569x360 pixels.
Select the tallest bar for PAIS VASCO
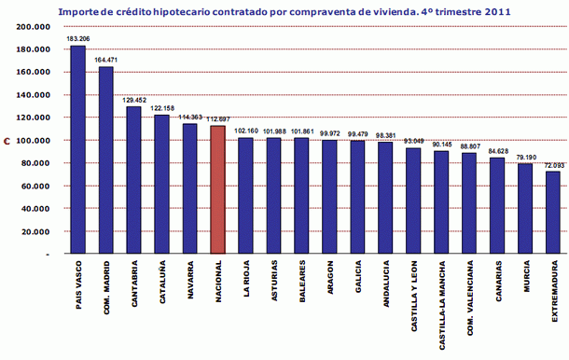(77, 149)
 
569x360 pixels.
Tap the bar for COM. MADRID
(105, 159)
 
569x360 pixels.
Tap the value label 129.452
(133, 101)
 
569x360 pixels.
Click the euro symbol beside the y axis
(6, 141)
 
